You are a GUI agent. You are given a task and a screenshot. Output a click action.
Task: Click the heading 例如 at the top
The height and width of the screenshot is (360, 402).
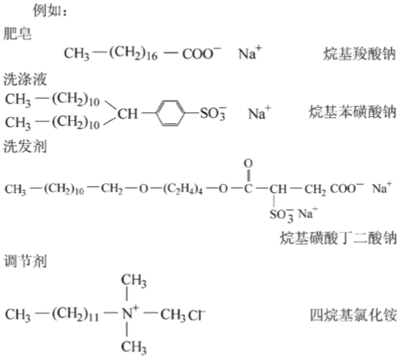tap(47, 11)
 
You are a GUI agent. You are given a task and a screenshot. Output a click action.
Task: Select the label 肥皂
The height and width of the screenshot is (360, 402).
tap(18, 34)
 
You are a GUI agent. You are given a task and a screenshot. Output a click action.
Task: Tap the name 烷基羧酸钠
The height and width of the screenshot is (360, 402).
tap(360, 54)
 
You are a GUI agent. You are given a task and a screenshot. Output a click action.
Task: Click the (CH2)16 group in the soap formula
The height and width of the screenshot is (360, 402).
tap(133, 53)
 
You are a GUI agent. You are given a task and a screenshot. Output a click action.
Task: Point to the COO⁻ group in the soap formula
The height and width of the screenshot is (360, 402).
tap(201, 53)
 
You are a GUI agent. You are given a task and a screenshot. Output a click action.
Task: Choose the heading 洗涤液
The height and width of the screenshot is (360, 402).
tap(25, 79)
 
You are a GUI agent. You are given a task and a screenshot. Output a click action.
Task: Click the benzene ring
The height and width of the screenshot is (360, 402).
tap(170, 113)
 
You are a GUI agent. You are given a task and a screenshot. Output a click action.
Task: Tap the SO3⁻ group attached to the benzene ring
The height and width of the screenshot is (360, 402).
tap(213, 113)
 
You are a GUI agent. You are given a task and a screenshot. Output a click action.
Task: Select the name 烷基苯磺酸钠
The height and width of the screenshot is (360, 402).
tap(352, 112)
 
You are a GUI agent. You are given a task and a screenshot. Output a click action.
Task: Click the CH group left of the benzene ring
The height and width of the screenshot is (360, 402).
tap(128, 114)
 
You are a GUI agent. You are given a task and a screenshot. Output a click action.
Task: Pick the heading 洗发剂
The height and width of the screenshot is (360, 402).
tap(25, 146)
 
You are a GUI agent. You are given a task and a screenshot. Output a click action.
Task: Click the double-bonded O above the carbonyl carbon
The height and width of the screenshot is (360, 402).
tap(248, 163)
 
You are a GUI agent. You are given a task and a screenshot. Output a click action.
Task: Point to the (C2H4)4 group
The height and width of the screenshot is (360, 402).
tap(183, 189)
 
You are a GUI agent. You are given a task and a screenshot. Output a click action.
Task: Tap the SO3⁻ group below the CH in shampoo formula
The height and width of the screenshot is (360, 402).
tap(282, 215)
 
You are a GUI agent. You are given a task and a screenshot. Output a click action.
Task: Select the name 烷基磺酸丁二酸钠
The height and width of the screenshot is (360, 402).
tap(338, 238)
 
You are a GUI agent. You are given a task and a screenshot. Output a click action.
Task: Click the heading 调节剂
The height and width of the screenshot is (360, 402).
tap(25, 262)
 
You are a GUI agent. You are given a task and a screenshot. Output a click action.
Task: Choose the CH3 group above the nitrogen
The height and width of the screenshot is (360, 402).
tap(134, 281)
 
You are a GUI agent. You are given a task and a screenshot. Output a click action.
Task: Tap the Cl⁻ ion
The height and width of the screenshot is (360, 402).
tap(197, 315)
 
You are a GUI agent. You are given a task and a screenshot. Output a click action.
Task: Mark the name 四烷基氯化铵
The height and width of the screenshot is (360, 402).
tap(354, 315)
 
